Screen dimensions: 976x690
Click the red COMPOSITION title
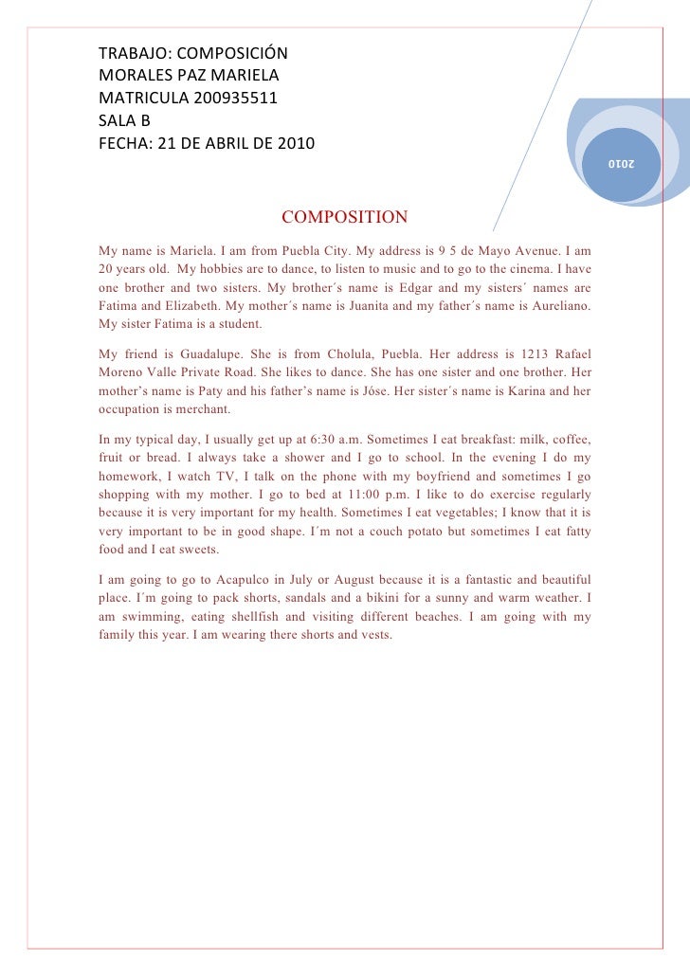click(x=345, y=218)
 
